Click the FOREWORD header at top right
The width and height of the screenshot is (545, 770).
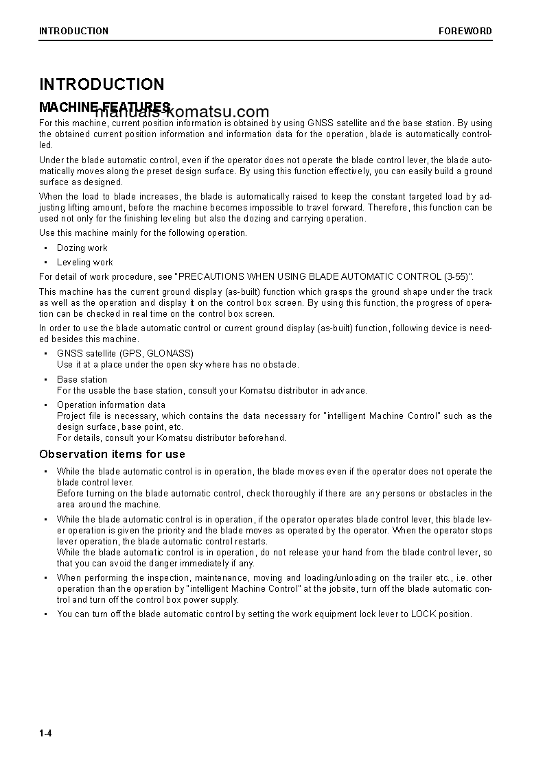465,31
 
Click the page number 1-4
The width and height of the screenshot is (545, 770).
45,734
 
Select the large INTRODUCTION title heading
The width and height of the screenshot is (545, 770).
102,84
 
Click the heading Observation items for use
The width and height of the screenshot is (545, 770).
112,454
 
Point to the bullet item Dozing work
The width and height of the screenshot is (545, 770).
82,248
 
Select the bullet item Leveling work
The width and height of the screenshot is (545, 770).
84,263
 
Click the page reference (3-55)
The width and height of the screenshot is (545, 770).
456,277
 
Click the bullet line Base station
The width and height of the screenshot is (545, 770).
82,379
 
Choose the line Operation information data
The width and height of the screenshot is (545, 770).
111,405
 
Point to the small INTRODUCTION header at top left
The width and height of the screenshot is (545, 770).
73,31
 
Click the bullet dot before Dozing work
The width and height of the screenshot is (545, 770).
46,248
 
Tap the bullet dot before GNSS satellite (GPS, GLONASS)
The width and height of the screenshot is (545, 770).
46,354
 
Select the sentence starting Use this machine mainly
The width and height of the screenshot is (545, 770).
143,233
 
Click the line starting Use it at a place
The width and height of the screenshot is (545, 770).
178,365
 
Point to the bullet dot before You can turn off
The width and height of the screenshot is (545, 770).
46,614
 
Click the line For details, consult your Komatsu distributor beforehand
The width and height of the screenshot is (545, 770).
171,437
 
